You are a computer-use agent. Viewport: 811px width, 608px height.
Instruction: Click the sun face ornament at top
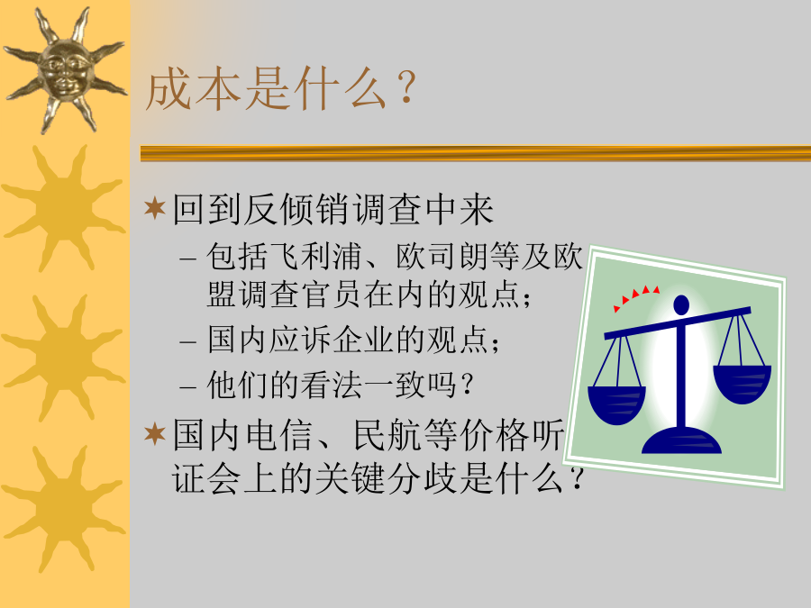[x=65, y=69]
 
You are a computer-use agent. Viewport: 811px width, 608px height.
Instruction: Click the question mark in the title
[x=406, y=87]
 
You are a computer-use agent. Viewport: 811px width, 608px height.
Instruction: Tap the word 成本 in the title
[x=194, y=89]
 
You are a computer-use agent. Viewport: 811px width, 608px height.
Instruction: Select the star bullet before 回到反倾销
[x=155, y=208]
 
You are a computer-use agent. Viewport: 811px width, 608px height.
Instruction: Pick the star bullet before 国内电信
[x=155, y=433]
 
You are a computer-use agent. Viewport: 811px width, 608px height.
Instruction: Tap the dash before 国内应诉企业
[x=187, y=341]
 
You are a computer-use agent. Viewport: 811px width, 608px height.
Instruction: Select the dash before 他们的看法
[x=187, y=386]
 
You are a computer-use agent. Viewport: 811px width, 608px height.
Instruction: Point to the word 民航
[x=386, y=434]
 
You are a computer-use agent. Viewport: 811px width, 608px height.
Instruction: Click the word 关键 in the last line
[x=351, y=478]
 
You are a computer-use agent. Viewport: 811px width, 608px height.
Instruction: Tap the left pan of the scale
[x=616, y=404]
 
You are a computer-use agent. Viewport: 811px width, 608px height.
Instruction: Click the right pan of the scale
[x=742, y=384]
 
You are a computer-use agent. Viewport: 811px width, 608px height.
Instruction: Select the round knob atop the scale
[x=681, y=304]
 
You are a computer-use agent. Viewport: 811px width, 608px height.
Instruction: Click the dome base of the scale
[x=682, y=440]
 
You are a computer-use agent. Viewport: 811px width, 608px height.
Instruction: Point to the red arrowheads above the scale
[x=636, y=296]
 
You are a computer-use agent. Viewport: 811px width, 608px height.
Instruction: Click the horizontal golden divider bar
[x=475, y=153]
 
